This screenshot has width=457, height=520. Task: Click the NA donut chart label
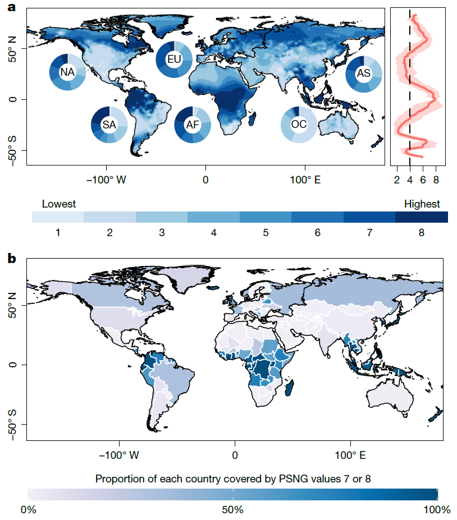[x=67, y=73]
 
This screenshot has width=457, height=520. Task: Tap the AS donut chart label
[x=363, y=73]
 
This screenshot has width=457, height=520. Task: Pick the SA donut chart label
[x=109, y=125]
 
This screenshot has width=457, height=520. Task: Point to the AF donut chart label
[x=193, y=125]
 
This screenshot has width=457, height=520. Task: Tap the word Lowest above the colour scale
[x=59, y=204]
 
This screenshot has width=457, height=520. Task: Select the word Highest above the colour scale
[x=422, y=204]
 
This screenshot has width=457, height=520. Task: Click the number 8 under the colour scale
[x=422, y=232]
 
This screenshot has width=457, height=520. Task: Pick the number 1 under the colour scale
[x=58, y=232]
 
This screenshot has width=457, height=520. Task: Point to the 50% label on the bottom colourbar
[x=232, y=510]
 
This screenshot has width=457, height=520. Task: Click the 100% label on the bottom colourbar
[x=437, y=510]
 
